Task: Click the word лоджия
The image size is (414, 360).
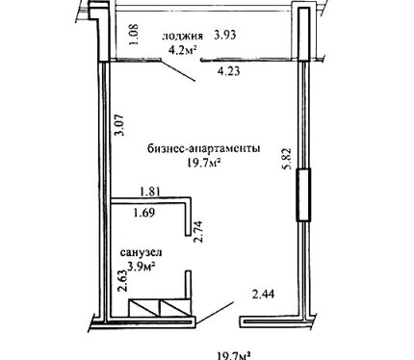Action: point(183,37)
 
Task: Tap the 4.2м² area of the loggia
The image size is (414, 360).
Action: point(183,50)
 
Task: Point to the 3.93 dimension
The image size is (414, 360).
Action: point(225,35)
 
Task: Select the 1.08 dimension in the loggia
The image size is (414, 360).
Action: point(134,35)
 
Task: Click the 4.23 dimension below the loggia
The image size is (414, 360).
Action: point(228,71)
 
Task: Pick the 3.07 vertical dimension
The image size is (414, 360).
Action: point(120,125)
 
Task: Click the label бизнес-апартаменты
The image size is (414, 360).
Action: point(204,149)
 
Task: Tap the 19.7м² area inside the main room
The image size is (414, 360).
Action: point(204,164)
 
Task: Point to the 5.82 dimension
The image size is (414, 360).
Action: point(287,158)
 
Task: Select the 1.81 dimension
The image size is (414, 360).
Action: point(150,192)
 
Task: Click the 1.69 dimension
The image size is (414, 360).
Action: point(144,213)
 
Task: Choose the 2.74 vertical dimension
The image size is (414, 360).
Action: point(199,232)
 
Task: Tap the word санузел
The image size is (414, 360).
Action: point(142,252)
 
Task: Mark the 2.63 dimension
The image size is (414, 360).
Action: point(122,281)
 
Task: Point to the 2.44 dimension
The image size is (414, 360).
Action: point(264,294)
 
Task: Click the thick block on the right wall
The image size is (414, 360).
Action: point(303,194)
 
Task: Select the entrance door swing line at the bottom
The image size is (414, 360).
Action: point(215,313)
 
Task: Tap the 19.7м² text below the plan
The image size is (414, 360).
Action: point(234,356)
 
